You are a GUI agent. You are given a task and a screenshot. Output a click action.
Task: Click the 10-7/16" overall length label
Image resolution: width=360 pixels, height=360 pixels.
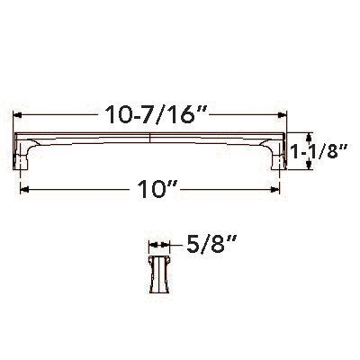click(x=148, y=113)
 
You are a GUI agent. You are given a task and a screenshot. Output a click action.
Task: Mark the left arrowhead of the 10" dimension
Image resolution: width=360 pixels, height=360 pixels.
click(x=22, y=190)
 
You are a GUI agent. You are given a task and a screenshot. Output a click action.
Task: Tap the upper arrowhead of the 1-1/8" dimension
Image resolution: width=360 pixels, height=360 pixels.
click(x=293, y=133)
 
